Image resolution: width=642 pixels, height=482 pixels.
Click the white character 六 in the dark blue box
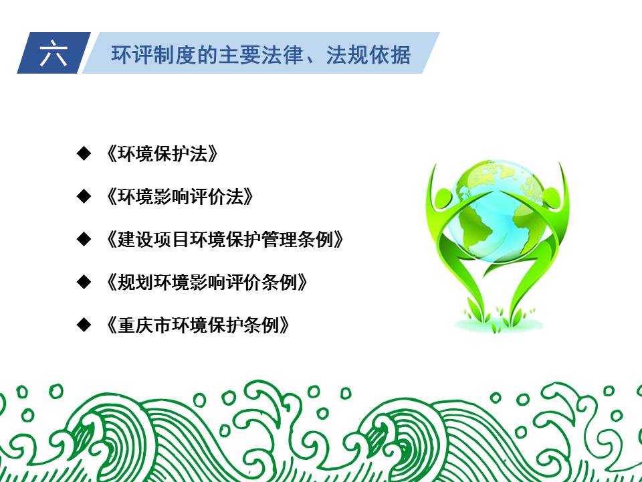click(x=53, y=54)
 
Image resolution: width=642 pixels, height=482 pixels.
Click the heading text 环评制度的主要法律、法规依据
click(x=261, y=54)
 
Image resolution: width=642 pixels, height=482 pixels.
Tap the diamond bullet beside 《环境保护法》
click(x=84, y=153)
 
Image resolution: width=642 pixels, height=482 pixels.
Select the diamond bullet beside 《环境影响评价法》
click(x=84, y=196)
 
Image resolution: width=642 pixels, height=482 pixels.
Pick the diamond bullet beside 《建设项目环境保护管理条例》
click(x=84, y=239)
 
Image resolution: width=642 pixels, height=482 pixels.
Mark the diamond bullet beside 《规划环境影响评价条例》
click(x=84, y=282)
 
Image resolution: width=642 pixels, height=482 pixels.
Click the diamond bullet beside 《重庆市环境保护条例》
click(x=84, y=325)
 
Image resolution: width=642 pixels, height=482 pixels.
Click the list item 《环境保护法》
click(x=161, y=154)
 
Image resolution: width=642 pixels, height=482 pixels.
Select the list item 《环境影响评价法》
click(x=179, y=196)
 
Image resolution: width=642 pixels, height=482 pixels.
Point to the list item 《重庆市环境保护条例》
click(x=197, y=325)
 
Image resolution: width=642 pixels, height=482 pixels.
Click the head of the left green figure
click(x=443, y=197)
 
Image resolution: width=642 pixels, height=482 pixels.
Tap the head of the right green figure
click(x=552, y=197)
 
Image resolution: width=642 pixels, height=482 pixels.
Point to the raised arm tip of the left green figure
click(x=435, y=165)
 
